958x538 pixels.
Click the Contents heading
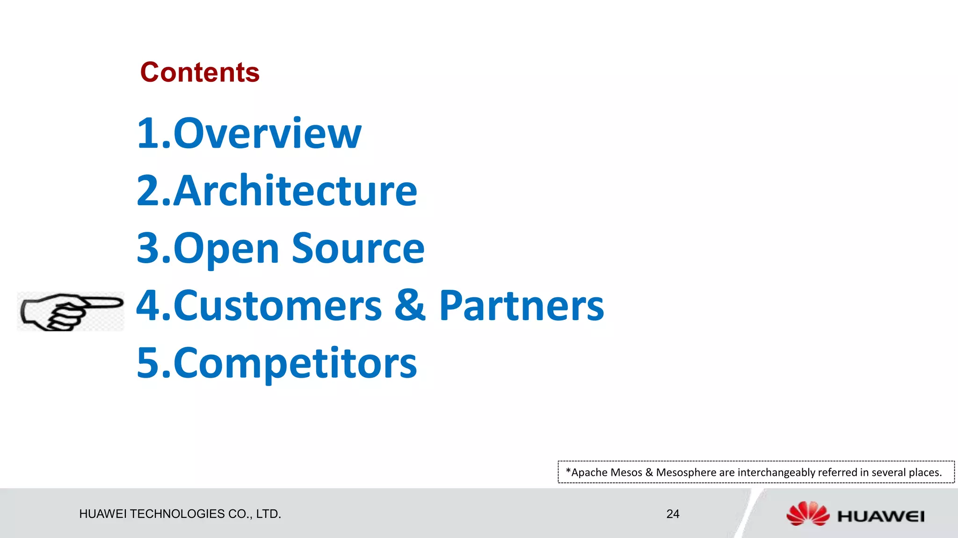200,72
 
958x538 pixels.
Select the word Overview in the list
267,134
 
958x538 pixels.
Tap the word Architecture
295,191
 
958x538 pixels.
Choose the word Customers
278,306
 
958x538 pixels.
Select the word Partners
521,306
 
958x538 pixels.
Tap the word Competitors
295,364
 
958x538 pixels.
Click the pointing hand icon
70,311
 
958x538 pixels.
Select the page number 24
673,514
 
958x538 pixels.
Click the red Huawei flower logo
807,514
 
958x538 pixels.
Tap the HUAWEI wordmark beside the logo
880,516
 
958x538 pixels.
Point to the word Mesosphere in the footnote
686,473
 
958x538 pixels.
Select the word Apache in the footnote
590,473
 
